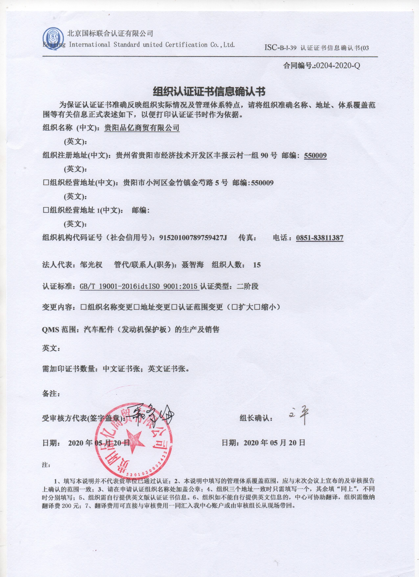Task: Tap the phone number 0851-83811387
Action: click(x=320, y=238)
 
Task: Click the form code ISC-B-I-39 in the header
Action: click(x=280, y=48)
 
